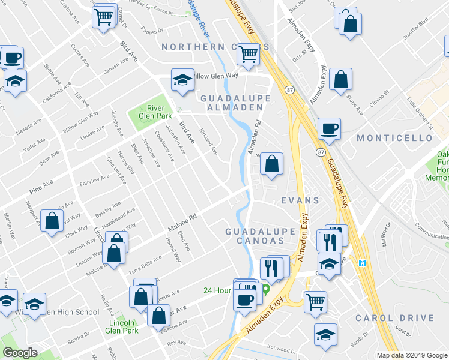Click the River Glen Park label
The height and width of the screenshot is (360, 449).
tap(155, 111)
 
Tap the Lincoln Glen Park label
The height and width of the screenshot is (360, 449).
tap(122, 325)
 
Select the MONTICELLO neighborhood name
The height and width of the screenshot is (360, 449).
tap(394, 138)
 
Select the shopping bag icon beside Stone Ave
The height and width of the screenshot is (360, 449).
tap(340, 80)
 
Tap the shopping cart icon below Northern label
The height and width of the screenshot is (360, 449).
tap(248, 55)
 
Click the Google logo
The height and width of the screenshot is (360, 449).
tap(20, 353)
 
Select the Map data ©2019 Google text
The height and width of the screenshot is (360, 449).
tap(411, 355)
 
